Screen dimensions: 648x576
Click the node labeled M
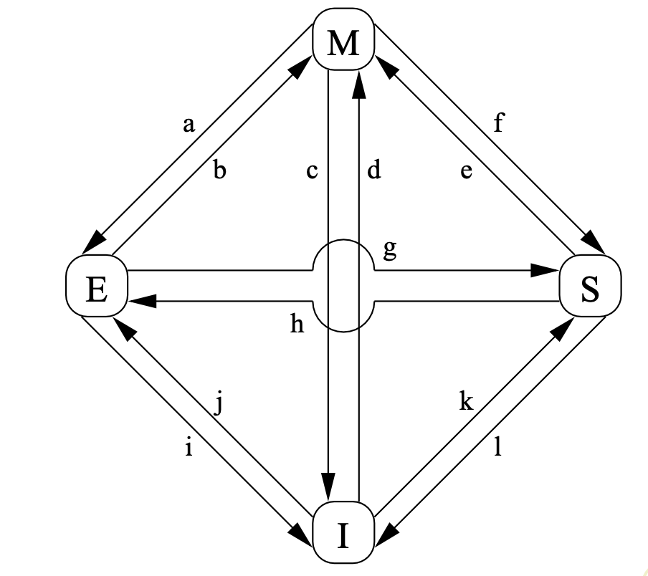tap(343, 44)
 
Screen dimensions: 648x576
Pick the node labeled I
tap(343, 534)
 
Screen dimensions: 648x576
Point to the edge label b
tap(220, 171)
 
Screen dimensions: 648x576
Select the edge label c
tap(311, 171)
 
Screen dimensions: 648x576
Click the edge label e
tap(467, 172)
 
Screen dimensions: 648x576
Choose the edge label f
tap(498, 125)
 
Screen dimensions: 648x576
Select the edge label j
tap(220, 405)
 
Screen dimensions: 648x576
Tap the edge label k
tap(467, 403)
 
